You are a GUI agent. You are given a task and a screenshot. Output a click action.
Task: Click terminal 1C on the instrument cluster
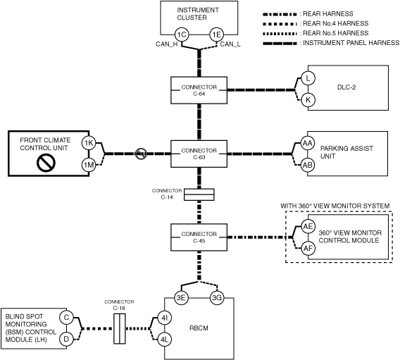point(182,35)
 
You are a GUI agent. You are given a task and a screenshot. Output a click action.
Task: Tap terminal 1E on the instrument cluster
point(217,35)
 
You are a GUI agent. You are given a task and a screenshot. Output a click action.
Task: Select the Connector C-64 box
point(199,90)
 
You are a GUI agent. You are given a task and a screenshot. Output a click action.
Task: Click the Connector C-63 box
point(199,154)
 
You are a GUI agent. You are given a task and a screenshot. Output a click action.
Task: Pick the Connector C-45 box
point(199,237)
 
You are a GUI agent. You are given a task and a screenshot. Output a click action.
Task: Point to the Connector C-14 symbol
point(199,194)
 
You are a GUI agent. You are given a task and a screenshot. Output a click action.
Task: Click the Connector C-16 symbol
point(120,328)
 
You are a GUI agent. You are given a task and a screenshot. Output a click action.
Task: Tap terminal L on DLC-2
point(308,78)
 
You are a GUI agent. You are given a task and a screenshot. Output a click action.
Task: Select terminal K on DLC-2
point(308,100)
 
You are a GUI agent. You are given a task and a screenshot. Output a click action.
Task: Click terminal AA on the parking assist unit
point(308,144)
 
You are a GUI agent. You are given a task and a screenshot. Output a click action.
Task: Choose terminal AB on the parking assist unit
point(308,165)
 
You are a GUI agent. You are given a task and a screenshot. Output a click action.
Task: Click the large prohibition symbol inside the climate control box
point(46,163)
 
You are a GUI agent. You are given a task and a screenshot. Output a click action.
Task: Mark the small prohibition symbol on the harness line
point(141,154)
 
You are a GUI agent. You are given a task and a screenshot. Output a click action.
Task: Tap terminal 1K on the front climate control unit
point(89,143)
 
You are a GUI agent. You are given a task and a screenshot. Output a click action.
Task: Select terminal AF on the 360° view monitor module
point(308,248)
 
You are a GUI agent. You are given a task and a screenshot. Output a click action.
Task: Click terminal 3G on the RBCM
point(217,297)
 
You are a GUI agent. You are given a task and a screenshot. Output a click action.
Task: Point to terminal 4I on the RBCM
point(164,318)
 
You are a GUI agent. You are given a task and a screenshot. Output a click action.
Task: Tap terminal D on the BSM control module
point(66,340)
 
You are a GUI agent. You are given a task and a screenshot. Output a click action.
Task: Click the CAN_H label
point(167,44)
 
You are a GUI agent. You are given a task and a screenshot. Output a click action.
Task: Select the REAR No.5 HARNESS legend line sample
point(280,33)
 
